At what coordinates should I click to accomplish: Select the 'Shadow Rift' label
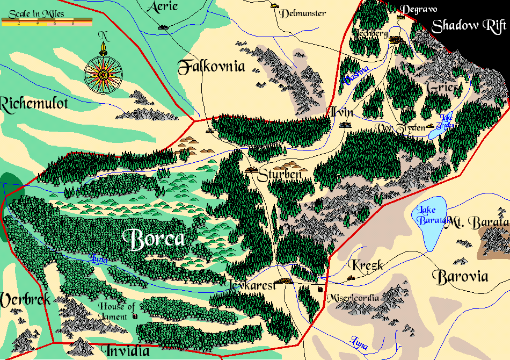pyautogui.click(x=469, y=26)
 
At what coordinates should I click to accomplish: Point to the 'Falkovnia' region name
pyautogui.click(x=211, y=67)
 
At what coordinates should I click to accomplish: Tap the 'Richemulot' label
pyautogui.click(x=34, y=103)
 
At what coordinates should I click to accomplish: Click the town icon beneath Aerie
pyautogui.click(x=162, y=27)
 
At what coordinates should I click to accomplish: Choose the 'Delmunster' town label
pyautogui.click(x=303, y=13)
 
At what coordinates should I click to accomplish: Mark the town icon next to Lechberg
pyautogui.click(x=396, y=39)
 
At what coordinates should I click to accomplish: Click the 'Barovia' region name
pyautogui.click(x=460, y=277)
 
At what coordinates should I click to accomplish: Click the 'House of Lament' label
pyautogui.click(x=116, y=312)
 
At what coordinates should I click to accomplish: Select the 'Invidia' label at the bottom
pyautogui.click(x=127, y=351)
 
